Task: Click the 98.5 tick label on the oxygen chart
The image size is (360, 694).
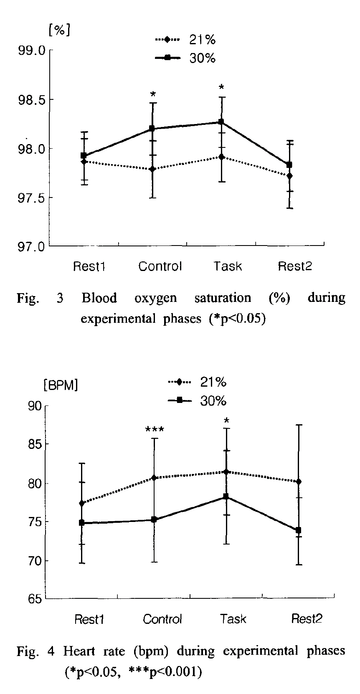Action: [31, 99]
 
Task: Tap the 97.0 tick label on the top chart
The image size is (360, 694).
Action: [31, 246]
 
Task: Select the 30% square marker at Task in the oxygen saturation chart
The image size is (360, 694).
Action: [221, 122]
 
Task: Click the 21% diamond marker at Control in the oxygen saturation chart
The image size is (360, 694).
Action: [152, 169]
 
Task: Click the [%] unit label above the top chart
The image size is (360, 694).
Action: [59, 30]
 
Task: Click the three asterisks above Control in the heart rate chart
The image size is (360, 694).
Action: [155, 429]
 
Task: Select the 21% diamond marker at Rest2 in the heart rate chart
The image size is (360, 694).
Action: [298, 481]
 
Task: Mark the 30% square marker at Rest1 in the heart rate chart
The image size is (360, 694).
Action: [82, 522]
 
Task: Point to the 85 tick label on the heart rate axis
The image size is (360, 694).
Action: [35, 444]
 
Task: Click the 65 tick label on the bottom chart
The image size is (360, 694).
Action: [35, 599]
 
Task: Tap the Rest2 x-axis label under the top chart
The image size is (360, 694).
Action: [295, 266]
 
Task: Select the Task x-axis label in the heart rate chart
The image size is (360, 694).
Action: [233, 618]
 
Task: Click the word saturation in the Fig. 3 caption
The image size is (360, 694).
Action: [223, 298]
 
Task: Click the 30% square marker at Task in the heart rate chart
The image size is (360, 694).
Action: [226, 496]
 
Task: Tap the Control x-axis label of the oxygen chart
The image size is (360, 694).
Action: [160, 266]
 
